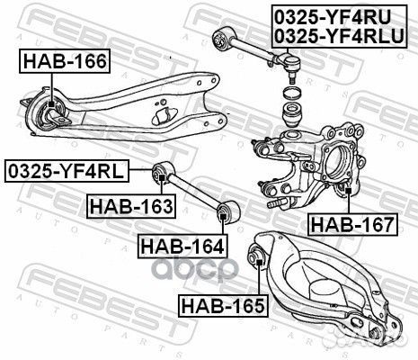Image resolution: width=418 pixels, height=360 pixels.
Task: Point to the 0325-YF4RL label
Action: click(66, 169)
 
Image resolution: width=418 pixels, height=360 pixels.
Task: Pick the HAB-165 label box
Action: click(221, 305)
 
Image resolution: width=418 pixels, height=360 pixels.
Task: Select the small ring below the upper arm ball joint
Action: click(292, 93)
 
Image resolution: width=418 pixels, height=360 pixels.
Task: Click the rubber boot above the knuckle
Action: click(294, 116)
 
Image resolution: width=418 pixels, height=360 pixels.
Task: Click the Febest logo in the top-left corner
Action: click(54, 20)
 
